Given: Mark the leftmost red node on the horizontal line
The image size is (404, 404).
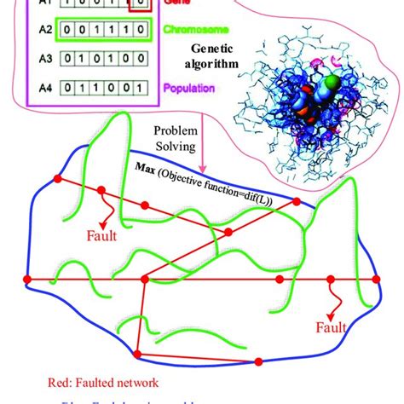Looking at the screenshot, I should tap(26, 279).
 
